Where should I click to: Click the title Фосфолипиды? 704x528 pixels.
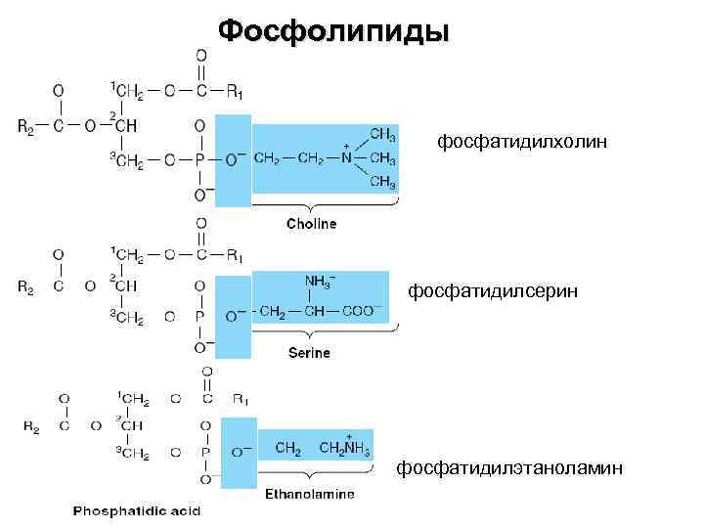(x=333, y=30)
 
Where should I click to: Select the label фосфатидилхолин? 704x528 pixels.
(x=522, y=143)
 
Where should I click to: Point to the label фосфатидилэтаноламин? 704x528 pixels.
(x=508, y=468)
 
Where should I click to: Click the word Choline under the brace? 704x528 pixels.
(x=311, y=224)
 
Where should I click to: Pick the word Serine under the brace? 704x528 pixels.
(x=309, y=352)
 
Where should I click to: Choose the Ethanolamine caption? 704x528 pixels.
(x=310, y=494)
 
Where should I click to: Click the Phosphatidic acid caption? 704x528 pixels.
(x=135, y=510)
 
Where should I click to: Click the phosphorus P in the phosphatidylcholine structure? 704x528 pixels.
(x=199, y=157)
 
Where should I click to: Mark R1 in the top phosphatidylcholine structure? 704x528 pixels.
(x=235, y=93)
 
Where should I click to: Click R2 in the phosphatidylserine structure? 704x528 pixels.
(x=27, y=286)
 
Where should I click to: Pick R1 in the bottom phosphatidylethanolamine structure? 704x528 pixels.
(x=240, y=399)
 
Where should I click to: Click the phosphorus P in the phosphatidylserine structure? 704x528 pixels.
(x=199, y=316)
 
